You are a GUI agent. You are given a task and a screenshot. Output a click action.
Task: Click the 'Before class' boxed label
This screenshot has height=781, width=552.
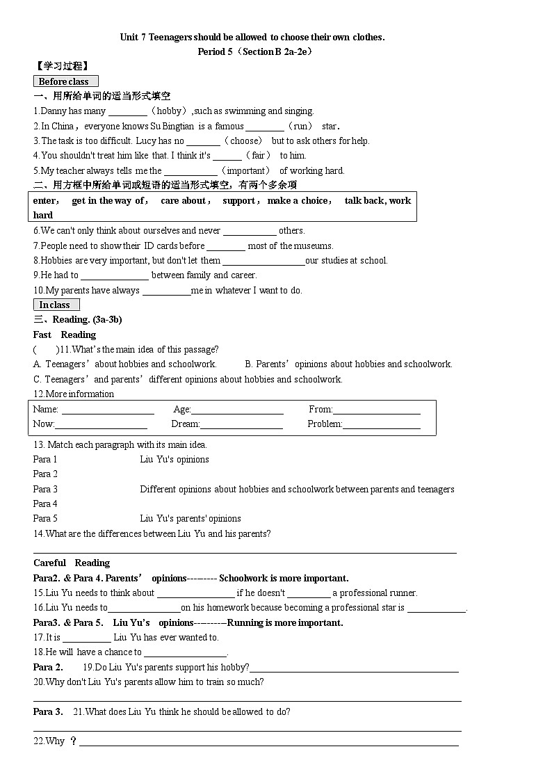(x=65, y=81)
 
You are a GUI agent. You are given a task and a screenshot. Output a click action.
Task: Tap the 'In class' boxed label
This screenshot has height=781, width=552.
(x=56, y=305)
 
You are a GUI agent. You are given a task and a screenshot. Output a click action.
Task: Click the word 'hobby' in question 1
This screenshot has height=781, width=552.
(x=169, y=111)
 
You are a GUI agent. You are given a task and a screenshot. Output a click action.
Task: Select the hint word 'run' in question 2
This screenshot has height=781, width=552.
(x=302, y=126)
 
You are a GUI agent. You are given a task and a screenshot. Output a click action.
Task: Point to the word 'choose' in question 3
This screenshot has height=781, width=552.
(x=245, y=140)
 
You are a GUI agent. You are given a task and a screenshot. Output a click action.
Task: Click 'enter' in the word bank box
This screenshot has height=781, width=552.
(x=45, y=200)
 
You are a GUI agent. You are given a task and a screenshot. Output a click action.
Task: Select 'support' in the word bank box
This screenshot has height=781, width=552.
(x=238, y=200)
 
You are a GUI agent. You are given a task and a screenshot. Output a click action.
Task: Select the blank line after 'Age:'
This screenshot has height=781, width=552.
(x=237, y=410)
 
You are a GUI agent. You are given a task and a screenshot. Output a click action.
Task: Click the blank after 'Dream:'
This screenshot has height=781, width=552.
(x=241, y=425)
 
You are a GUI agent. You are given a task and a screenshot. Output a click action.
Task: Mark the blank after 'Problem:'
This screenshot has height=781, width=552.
(x=382, y=425)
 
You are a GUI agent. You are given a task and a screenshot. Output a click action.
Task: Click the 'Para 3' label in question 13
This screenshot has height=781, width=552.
(x=45, y=489)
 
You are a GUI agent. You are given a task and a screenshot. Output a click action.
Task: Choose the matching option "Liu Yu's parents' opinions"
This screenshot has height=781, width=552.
(x=190, y=518)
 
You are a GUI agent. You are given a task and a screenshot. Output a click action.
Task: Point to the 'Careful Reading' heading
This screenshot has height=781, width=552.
(x=72, y=563)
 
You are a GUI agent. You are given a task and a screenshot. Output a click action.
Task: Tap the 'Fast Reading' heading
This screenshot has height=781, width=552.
(x=64, y=335)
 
